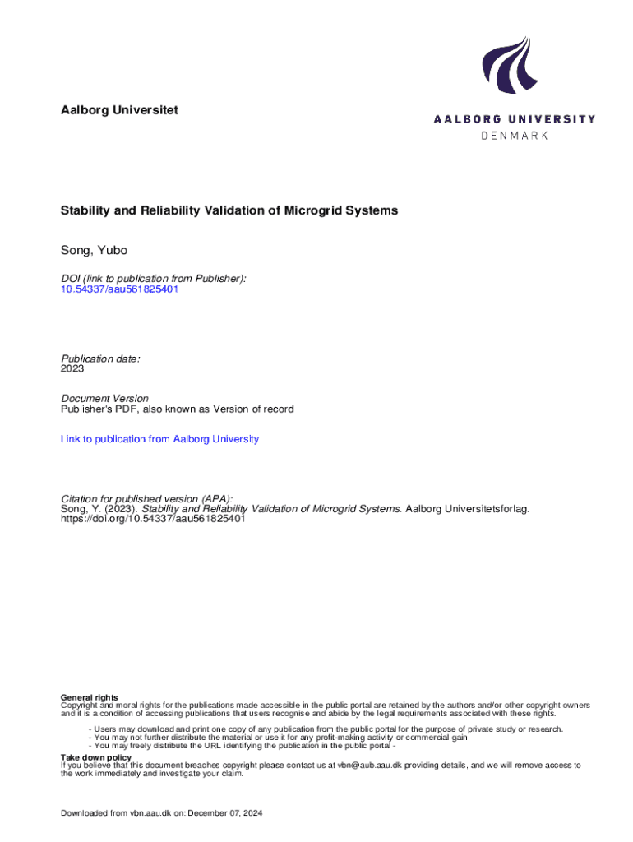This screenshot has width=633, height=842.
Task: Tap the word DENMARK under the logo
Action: pos(514,135)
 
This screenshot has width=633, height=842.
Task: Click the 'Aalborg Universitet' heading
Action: pos(119,109)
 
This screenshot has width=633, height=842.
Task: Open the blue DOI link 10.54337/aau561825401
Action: pos(120,289)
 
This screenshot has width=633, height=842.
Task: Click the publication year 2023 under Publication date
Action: pos(72,369)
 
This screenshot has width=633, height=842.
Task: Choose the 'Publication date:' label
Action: pos(100,359)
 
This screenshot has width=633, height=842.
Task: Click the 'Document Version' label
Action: pos(104,399)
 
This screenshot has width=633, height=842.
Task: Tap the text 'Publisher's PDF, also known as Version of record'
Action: pos(177,409)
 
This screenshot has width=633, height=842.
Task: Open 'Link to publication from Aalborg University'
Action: pos(159,439)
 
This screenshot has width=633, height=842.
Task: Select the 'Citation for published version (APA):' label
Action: pos(146,499)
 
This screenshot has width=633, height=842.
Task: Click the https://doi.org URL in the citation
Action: pos(153,519)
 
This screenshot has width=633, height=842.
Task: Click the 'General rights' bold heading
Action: pos(90,697)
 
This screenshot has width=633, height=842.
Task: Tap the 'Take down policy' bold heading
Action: pos(96,756)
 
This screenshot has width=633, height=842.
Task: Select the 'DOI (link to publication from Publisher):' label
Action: pos(153,279)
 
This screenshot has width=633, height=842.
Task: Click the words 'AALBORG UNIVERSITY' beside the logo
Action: pos(515,119)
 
